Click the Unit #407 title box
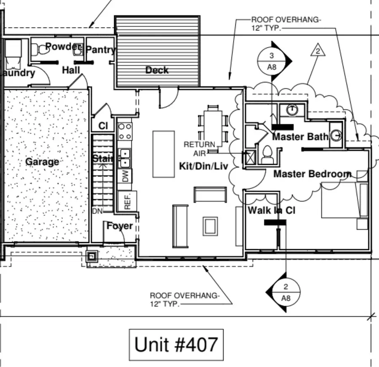176,345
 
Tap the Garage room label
42,162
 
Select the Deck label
157,70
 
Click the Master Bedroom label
312,174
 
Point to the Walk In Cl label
271,210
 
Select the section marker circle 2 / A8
286,292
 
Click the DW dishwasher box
125,176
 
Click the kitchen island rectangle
163,154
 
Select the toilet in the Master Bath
267,155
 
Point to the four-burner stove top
125,131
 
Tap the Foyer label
119,226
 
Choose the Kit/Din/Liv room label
203,166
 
